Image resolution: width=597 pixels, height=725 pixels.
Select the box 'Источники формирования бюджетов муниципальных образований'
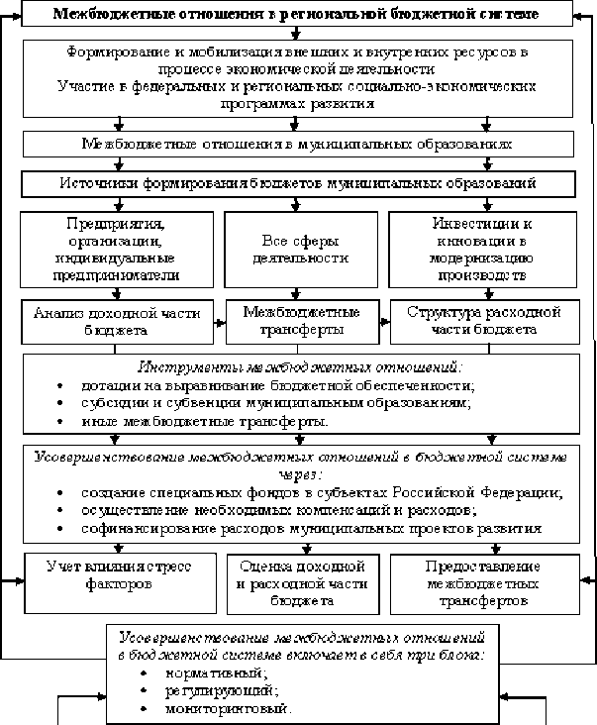pos(298,183)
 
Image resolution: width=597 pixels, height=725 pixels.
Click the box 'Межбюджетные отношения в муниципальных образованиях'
pos(298,145)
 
